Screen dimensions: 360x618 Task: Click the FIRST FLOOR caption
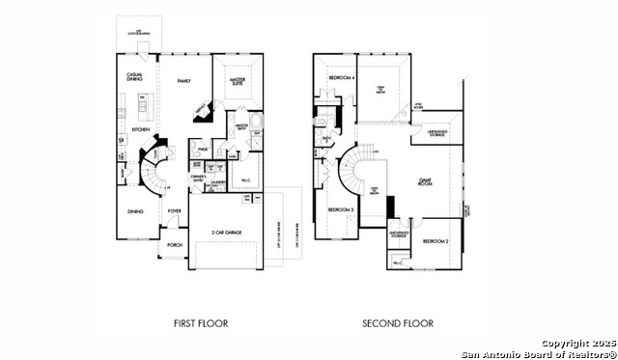201,323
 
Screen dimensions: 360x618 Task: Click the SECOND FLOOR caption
397,323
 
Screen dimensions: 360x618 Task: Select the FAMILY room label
183,83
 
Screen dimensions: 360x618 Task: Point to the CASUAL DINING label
135,77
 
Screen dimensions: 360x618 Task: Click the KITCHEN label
140,128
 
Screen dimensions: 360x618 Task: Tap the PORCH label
175,245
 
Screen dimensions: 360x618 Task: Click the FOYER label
175,209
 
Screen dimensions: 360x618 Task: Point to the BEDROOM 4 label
341,77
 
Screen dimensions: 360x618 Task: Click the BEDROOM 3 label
340,209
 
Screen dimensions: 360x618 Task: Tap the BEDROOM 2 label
434,241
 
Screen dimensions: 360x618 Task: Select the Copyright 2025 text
577,343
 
